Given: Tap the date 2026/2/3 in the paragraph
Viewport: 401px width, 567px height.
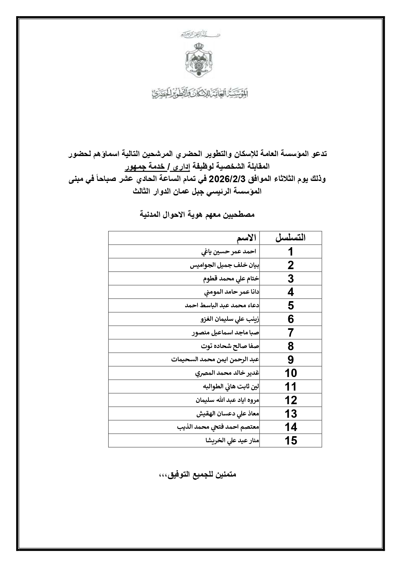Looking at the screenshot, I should (x=225, y=179).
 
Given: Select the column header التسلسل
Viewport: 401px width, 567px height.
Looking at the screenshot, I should (x=290, y=238).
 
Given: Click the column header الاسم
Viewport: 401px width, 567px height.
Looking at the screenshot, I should (x=246, y=238).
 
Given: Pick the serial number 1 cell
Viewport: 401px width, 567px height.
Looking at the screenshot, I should (x=290, y=252).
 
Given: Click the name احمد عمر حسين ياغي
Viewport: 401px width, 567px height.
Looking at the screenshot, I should (x=228, y=252).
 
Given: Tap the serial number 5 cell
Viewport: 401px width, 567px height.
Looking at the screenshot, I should (x=290, y=306).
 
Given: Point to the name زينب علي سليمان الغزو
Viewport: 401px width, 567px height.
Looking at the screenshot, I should (x=230, y=319).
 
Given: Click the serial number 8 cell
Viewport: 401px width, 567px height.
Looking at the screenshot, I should (x=290, y=346).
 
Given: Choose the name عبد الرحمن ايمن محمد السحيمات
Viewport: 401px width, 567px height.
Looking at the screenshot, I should (x=215, y=360).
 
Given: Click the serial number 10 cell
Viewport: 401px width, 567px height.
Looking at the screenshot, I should (x=290, y=373).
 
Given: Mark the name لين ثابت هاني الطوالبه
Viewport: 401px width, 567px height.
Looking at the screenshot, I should (x=231, y=387).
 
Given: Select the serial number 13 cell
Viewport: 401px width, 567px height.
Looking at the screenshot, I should (x=290, y=414).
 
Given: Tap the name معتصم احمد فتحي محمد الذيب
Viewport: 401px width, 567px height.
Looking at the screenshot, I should (x=218, y=427).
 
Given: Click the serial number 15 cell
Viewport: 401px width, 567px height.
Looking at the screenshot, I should (x=290, y=441).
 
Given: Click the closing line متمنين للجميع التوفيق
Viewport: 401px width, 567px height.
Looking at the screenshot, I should (x=197, y=475).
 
